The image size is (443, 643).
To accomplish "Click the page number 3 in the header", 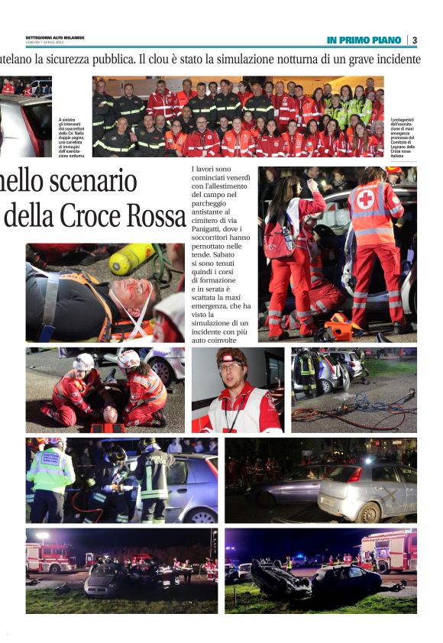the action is click(414, 40).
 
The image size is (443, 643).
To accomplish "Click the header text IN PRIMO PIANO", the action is click(364, 40).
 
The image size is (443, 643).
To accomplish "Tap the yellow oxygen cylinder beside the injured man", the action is click(131, 259).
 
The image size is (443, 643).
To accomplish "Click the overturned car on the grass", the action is click(280, 578).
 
